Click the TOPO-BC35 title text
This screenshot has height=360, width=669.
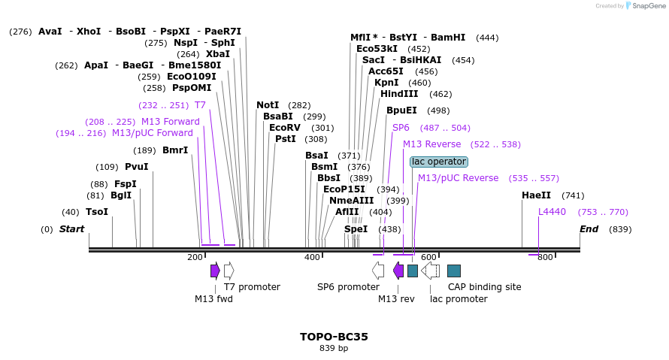[x=334, y=337]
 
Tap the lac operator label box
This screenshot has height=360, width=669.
[x=439, y=162]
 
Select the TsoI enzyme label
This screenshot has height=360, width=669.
[x=97, y=212]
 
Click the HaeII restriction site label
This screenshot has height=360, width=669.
[x=536, y=195]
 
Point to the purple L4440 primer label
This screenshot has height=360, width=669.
[x=552, y=212]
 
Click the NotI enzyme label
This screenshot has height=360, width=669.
[x=268, y=105]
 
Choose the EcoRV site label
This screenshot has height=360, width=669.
[x=285, y=128]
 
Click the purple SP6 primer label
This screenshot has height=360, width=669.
[x=401, y=128]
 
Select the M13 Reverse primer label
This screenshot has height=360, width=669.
[x=431, y=144]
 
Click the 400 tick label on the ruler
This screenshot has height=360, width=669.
[x=312, y=258]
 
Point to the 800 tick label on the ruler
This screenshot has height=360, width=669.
[x=545, y=258]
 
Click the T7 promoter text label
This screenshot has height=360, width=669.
[x=252, y=287]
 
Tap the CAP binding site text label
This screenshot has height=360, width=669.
[x=484, y=287]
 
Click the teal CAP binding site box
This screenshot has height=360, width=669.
[x=454, y=271]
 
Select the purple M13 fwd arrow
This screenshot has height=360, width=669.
[x=215, y=271]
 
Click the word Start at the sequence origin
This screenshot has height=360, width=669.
[x=72, y=229]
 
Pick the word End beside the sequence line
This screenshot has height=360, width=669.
[x=589, y=229]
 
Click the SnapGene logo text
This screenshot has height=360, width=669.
[x=647, y=6]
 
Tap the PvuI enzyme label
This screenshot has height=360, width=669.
[x=137, y=167]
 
